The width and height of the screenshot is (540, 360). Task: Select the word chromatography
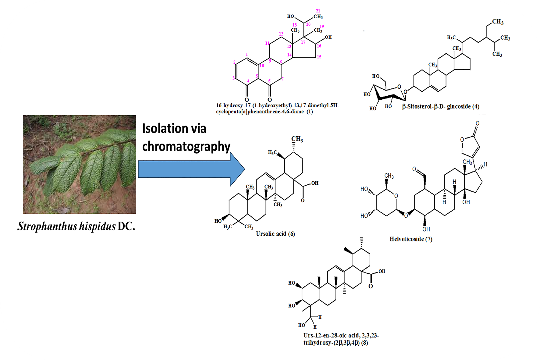click(x=186, y=147)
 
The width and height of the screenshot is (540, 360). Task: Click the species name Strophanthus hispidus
click(x=66, y=226)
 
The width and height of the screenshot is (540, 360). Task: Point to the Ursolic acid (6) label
click(x=275, y=234)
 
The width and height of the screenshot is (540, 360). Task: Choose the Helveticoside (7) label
click(x=410, y=239)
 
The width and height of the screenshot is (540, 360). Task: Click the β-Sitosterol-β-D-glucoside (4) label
click(x=440, y=106)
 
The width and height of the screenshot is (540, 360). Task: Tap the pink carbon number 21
click(x=318, y=11)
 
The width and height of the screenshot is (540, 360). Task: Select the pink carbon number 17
click(x=303, y=42)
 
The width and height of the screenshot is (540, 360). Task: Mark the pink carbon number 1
click(x=247, y=55)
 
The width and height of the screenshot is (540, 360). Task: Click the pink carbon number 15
click(x=319, y=57)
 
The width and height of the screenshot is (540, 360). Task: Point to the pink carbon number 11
click(x=267, y=43)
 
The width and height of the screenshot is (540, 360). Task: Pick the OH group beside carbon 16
click(x=328, y=37)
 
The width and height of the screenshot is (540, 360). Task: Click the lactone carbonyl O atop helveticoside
click(x=477, y=123)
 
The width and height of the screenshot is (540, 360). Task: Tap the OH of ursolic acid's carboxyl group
click(x=315, y=183)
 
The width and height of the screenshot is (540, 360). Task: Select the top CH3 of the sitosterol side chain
click(x=498, y=22)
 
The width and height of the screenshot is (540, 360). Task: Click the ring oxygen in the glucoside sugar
click(x=399, y=87)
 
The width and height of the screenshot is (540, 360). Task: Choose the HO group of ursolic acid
click(x=218, y=221)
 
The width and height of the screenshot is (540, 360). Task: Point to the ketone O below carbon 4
click(x=247, y=100)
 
